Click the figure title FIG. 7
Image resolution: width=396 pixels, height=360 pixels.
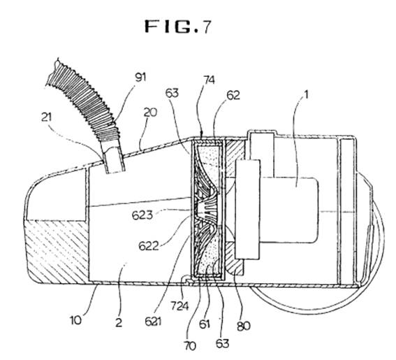pyautogui.click(x=177, y=27)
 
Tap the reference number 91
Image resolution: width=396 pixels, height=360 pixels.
pyautogui.click(x=140, y=77)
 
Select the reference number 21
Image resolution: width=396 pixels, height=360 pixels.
pyautogui.click(x=46, y=117)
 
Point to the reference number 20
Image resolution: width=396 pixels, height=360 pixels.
pyautogui.click(x=150, y=113)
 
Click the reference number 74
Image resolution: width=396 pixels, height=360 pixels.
pyautogui.click(x=209, y=80)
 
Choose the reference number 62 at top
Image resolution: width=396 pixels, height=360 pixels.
pyautogui.click(x=233, y=95)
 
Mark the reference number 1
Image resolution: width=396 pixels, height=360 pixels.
pyautogui.click(x=306, y=95)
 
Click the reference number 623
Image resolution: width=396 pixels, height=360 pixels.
pyautogui.click(x=142, y=215)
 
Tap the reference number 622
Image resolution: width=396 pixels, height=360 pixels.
pyautogui.click(x=149, y=246)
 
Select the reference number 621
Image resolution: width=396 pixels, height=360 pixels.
pyautogui.click(x=153, y=322)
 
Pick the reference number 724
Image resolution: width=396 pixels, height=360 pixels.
pyautogui.click(x=179, y=306)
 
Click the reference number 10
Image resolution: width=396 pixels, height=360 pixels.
pyautogui.click(x=75, y=320)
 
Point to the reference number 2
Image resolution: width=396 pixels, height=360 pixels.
pyautogui.click(x=119, y=323)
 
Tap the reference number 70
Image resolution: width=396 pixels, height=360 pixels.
pyautogui.click(x=190, y=346)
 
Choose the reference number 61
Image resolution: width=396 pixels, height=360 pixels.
pyautogui.click(x=205, y=324)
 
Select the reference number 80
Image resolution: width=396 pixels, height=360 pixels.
pyautogui.click(x=244, y=326)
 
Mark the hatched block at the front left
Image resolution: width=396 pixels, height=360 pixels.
pyautogui.click(x=57, y=251)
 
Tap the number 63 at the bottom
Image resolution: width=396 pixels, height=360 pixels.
pyautogui.click(x=222, y=344)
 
